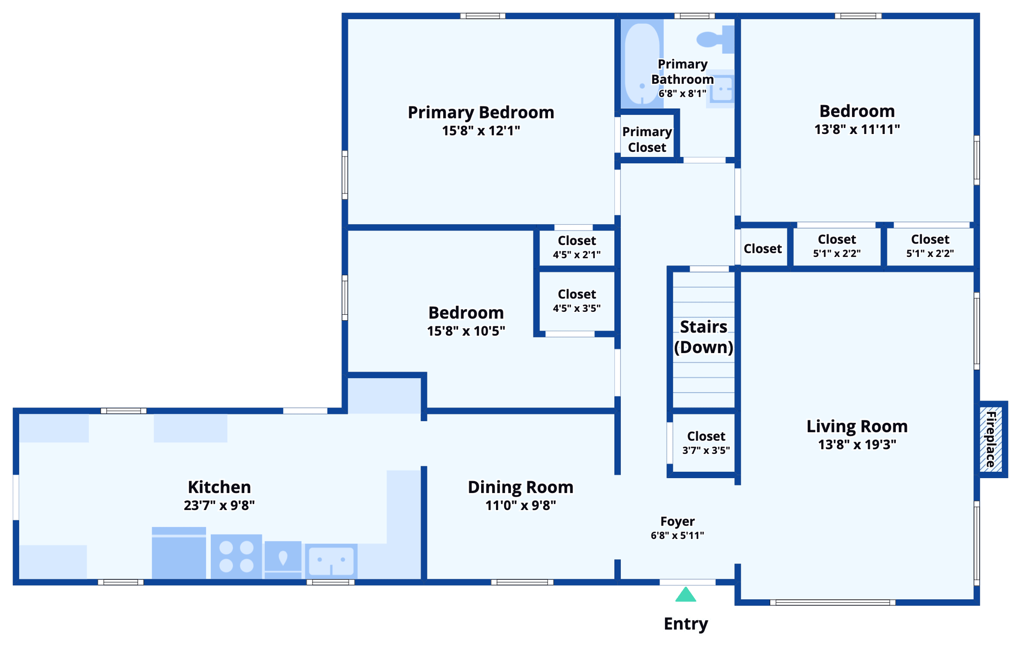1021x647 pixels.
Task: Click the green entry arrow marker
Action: (x=685, y=595)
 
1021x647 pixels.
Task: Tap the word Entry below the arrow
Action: (x=685, y=624)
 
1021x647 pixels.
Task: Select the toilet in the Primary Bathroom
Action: (x=714, y=39)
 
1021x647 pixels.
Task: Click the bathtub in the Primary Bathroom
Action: (x=642, y=64)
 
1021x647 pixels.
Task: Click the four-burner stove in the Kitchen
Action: (x=236, y=556)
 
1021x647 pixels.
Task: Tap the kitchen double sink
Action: (x=331, y=561)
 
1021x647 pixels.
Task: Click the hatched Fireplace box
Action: (x=991, y=439)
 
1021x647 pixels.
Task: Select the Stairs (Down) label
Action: (x=703, y=337)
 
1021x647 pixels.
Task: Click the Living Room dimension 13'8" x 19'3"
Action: (x=857, y=444)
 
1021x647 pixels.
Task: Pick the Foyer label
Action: (x=677, y=521)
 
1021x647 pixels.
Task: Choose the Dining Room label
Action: (x=520, y=487)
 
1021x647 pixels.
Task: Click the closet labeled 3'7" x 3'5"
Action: (x=706, y=443)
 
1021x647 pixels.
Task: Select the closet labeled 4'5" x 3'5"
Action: (x=577, y=301)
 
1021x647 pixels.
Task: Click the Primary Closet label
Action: (x=647, y=139)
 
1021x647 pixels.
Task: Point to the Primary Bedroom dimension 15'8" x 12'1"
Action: (x=481, y=131)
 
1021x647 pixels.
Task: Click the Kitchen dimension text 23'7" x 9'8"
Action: (x=219, y=506)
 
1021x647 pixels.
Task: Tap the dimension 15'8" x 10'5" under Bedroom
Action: (x=466, y=331)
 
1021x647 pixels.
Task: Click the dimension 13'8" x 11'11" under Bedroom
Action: (x=857, y=129)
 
